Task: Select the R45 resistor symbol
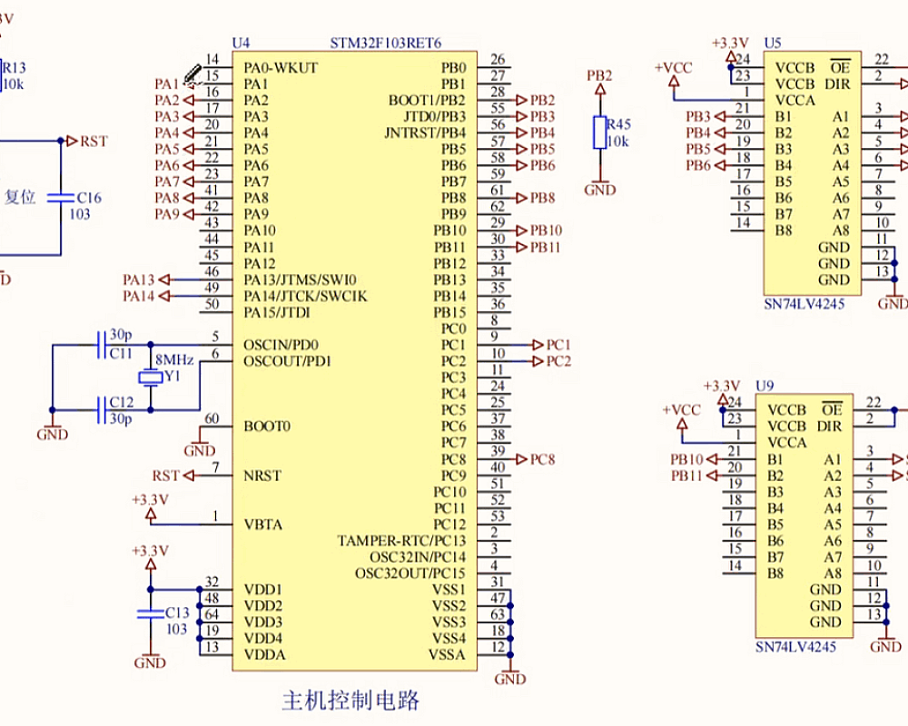(599, 132)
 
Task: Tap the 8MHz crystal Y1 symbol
(148, 378)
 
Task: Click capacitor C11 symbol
(101, 345)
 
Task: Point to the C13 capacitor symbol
(150, 614)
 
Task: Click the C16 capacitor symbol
(62, 197)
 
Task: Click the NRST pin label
(263, 476)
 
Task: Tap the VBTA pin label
(263, 525)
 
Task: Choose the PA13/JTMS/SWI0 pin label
(301, 280)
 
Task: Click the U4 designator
(241, 44)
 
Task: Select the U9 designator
(765, 386)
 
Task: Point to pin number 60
(212, 418)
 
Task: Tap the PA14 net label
(139, 296)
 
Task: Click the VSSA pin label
(448, 655)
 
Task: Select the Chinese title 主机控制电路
(351, 701)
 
